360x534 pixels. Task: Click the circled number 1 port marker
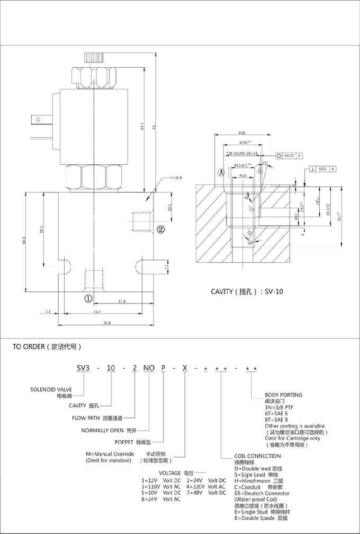(x=88, y=298)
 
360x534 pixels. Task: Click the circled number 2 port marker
(x=160, y=229)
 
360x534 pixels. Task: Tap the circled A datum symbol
(x=221, y=172)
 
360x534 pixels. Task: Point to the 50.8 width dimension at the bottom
(x=106, y=323)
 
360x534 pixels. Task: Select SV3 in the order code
(x=85, y=368)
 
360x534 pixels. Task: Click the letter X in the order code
(x=184, y=368)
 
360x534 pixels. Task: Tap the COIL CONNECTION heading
(x=257, y=456)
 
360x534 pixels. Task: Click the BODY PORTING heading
(x=283, y=395)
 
